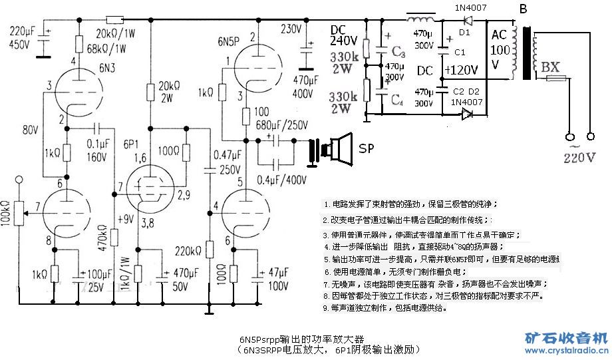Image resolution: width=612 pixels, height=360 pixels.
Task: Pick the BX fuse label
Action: click(x=550, y=67)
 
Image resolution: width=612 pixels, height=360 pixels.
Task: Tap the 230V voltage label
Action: click(x=291, y=29)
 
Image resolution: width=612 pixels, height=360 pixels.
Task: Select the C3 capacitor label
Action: click(x=398, y=51)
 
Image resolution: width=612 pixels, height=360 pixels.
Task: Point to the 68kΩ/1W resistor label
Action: click(x=104, y=49)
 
